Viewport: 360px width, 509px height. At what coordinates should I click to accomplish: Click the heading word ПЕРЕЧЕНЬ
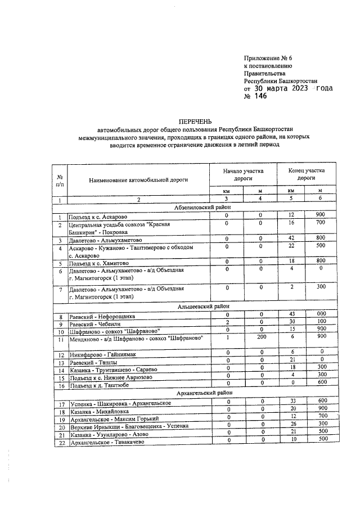click(193, 121)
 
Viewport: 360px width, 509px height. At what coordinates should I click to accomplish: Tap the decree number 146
click(261, 96)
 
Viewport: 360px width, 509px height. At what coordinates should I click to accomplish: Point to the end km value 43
click(292, 314)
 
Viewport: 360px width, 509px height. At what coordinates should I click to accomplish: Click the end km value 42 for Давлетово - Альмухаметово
click(292, 238)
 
